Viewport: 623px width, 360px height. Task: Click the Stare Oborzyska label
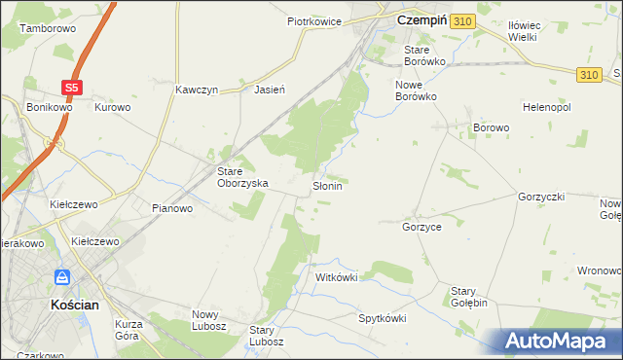[x=241, y=176]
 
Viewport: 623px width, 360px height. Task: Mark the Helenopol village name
[x=546, y=107]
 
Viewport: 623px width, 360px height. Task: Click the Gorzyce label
[x=421, y=226]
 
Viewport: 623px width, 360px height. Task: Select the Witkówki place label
[x=337, y=277]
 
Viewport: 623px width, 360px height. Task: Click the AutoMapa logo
[x=557, y=341]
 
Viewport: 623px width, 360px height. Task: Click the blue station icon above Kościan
[x=61, y=277]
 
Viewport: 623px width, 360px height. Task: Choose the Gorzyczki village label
[x=542, y=196]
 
